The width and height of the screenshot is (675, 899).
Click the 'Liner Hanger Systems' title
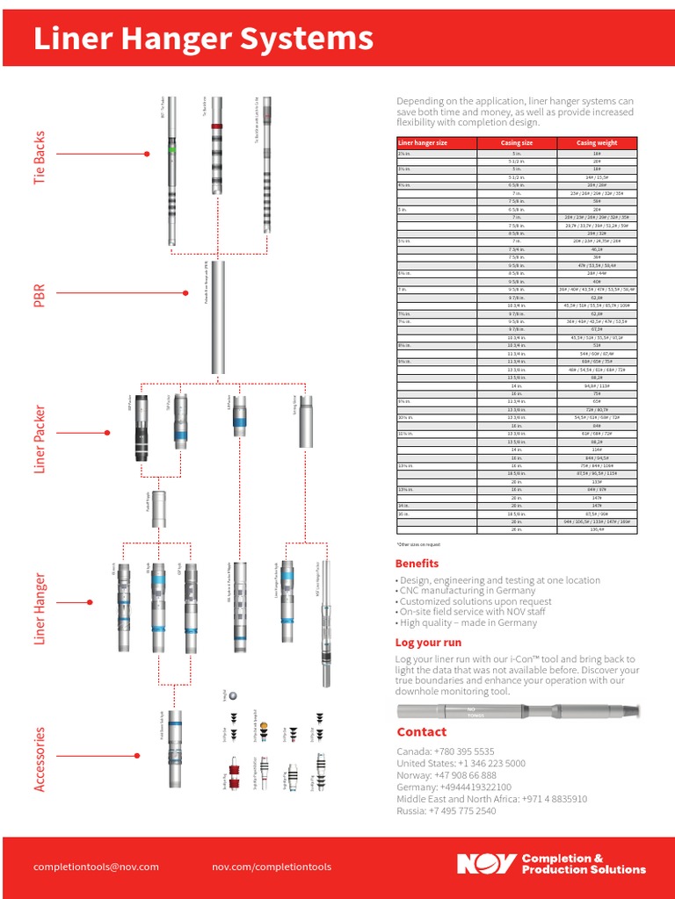tap(203, 39)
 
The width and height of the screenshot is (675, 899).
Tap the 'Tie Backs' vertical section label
tap(40, 158)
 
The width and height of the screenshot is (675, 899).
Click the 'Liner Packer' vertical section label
tap(40, 438)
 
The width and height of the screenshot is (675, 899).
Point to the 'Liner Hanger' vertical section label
tap(40, 608)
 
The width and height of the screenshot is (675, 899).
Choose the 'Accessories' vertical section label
tap(40, 758)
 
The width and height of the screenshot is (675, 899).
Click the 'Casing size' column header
tap(517, 143)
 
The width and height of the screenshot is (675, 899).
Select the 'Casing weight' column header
tap(597, 143)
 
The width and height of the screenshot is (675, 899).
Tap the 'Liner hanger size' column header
tap(423, 143)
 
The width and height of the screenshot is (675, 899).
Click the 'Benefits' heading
tap(417, 564)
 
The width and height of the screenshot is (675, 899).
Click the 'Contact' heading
tap(421, 732)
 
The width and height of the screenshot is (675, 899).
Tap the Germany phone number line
tap(454, 788)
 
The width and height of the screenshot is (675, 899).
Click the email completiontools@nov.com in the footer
tap(96, 867)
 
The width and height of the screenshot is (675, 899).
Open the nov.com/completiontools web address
tap(272, 867)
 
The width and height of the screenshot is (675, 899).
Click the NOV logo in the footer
tap(485, 864)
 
